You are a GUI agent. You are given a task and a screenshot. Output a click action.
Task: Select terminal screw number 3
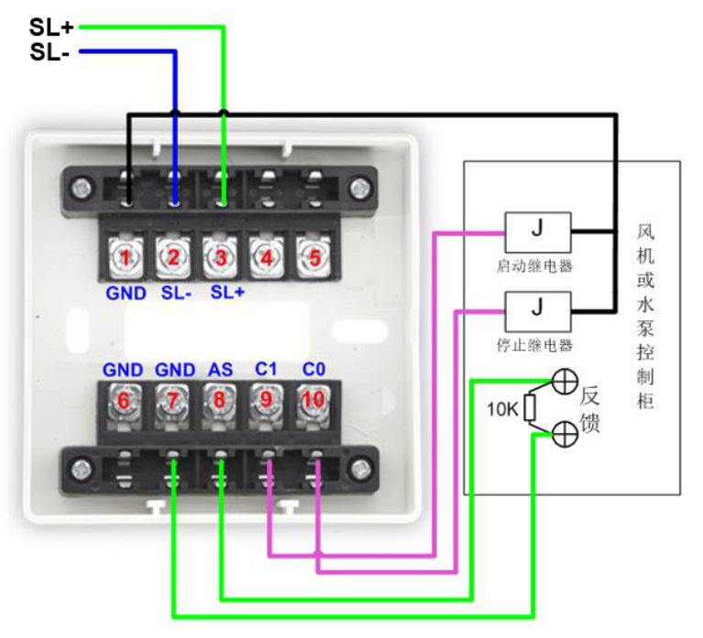220,257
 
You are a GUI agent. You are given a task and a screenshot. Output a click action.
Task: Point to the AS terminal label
220,370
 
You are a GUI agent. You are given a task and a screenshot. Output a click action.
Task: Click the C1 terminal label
267,370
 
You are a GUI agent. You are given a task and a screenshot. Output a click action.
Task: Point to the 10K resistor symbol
529,407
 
